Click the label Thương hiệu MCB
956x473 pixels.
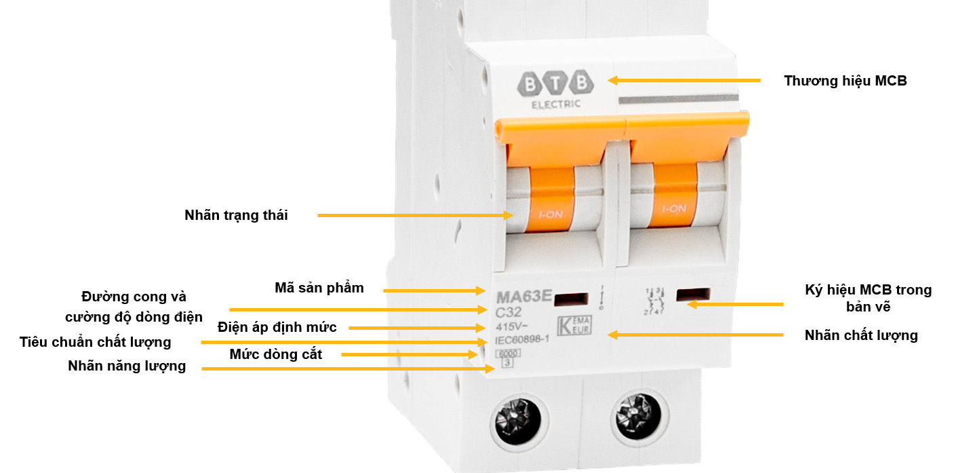coord(845,81)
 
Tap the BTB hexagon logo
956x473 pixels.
coord(555,83)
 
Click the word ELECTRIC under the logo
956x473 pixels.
coord(555,105)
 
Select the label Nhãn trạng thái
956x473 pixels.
coord(236,216)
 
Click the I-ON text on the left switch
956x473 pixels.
coord(550,215)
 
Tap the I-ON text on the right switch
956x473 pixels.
coord(673,208)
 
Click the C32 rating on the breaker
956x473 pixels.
coord(509,313)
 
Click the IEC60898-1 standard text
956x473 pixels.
coord(521,340)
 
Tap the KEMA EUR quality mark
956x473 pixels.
coord(574,324)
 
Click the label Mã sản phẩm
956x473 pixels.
coord(319,288)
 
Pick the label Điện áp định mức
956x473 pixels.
coord(277,327)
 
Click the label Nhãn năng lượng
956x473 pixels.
coord(127,366)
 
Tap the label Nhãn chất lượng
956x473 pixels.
coord(861,335)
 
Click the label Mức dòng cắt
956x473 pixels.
coord(275,354)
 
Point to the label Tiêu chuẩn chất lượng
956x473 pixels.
coord(95,342)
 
